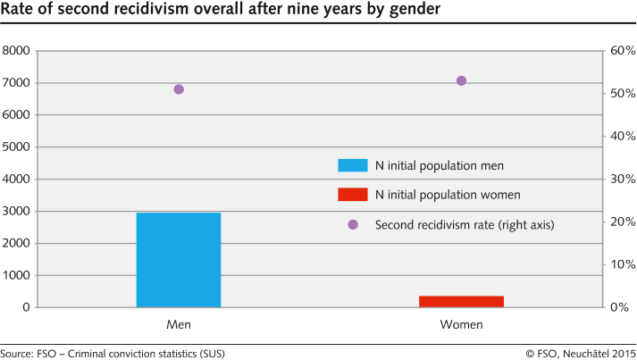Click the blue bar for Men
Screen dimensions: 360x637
click(x=178, y=260)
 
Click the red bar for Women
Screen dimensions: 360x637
click(x=461, y=301)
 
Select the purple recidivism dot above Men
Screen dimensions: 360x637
click(x=179, y=89)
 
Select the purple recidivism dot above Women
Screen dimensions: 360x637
click(x=462, y=80)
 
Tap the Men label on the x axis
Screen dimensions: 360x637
click(x=179, y=324)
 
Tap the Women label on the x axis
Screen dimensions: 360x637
click(x=462, y=324)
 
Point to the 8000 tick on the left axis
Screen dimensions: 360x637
click(x=18, y=51)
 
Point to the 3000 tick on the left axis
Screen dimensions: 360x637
click(x=18, y=212)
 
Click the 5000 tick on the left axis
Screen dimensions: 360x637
click(x=18, y=147)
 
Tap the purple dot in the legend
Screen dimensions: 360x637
click(x=352, y=224)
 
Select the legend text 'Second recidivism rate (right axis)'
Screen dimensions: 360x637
click(x=465, y=225)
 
